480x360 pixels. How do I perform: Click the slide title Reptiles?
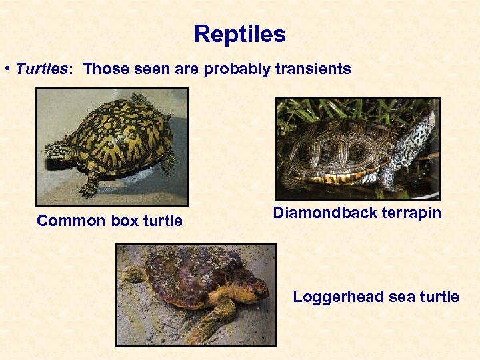[x=239, y=34]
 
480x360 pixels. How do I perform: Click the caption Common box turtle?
[x=109, y=221]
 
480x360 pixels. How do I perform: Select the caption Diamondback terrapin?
[x=357, y=213]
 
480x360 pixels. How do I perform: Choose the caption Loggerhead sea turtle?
[x=376, y=297]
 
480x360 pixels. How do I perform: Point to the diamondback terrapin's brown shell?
[x=340, y=147]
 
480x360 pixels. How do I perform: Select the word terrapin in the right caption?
[x=411, y=213]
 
